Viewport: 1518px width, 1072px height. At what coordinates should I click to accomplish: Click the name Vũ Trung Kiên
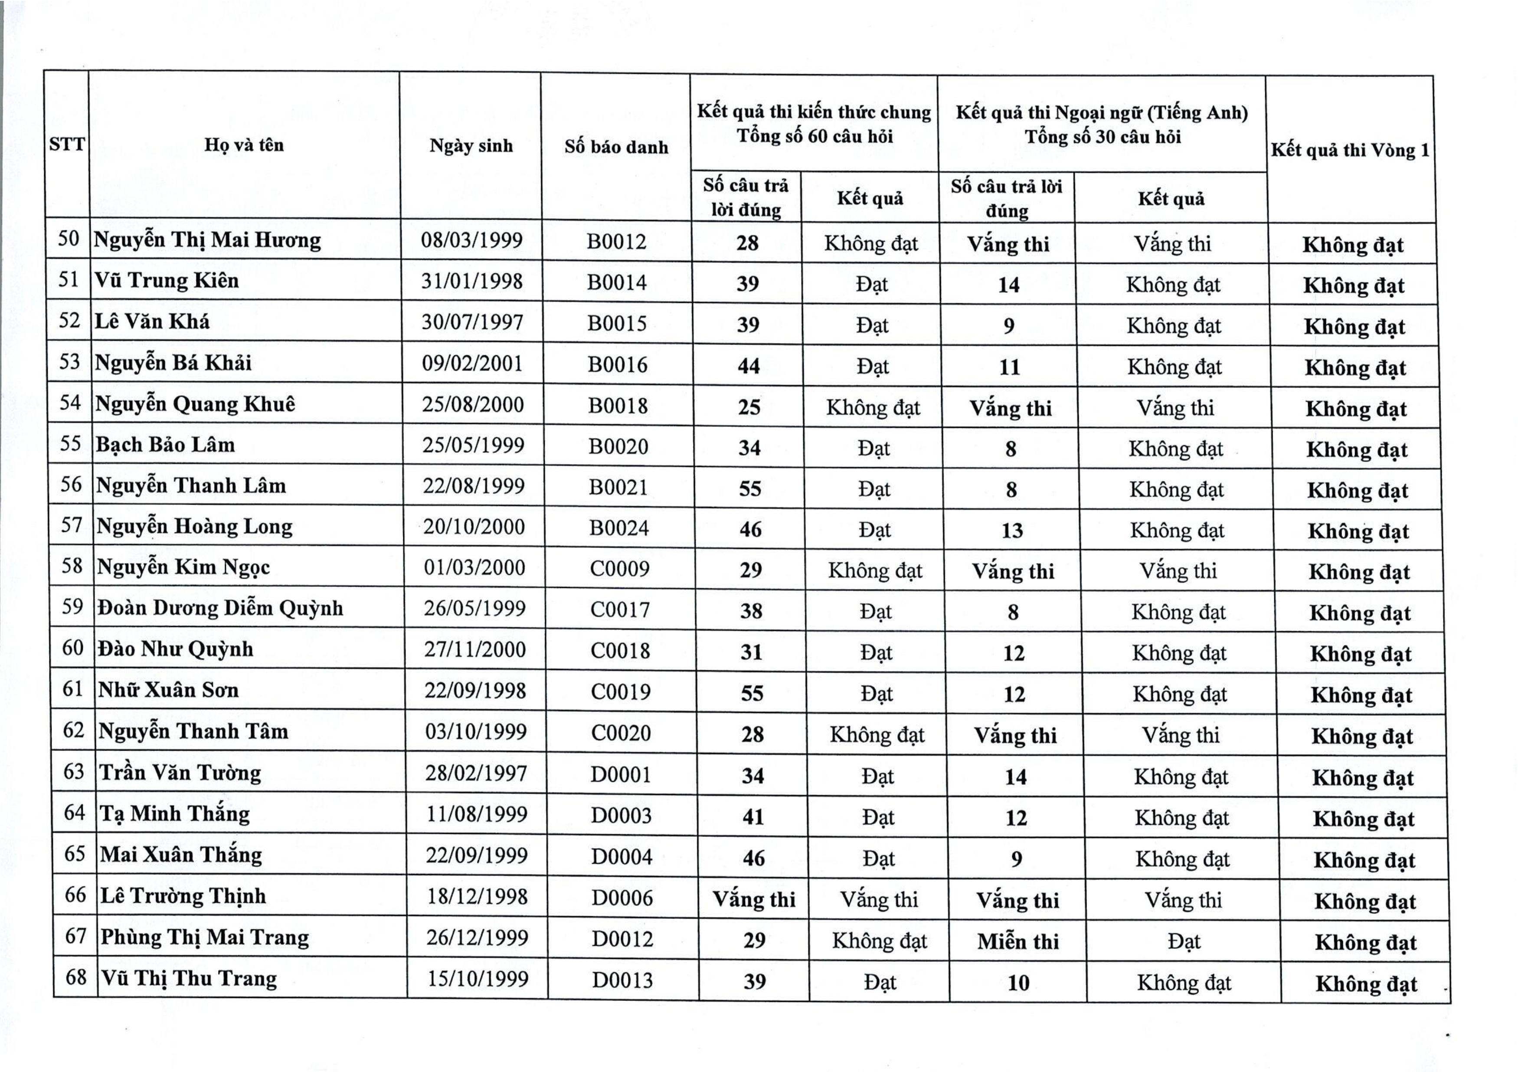[166, 280]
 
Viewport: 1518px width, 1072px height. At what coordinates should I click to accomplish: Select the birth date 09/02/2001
[472, 363]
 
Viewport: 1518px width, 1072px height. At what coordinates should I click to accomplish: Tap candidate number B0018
[618, 405]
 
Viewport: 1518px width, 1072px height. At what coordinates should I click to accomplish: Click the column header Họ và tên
[244, 145]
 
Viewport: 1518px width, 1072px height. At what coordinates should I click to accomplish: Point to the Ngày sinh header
[471, 145]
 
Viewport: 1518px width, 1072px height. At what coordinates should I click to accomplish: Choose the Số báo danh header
[616, 147]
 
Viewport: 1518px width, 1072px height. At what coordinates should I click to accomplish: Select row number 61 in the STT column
[73, 689]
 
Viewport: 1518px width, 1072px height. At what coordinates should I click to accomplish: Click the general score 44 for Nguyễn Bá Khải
[749, 366]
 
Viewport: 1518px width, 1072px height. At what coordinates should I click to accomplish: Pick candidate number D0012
[622, 939]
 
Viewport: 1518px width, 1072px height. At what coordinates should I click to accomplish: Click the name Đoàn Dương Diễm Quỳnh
[220, 608]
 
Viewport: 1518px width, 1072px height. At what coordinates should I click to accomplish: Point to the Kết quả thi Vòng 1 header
[1350, 150]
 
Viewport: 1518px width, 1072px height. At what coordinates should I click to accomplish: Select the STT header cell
[67, 144]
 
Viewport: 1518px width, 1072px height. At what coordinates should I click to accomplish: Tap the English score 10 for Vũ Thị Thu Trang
[1018, 983]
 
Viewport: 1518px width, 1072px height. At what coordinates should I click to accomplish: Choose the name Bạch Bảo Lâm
[165, 444]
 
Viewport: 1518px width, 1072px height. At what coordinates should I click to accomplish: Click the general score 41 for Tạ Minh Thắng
[753, 817]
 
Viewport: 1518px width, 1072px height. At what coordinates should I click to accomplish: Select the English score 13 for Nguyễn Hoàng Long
[1011, 531]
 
